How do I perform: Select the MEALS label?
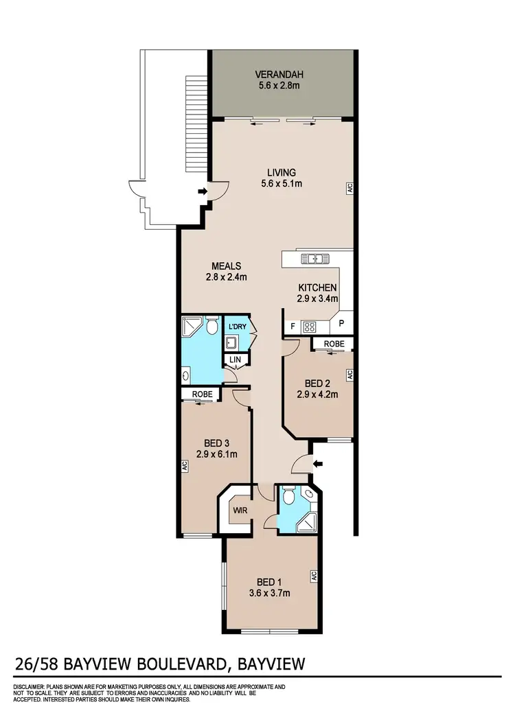[226, 266]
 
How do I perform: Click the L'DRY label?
[238, 327]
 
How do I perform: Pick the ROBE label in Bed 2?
[334, 343]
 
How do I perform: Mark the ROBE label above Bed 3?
[201, 395]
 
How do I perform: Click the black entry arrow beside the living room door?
[203, 191]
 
